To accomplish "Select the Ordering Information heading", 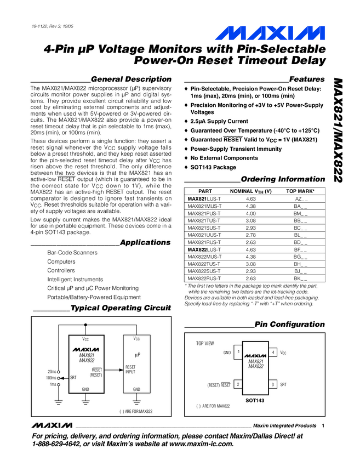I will coord(283,179).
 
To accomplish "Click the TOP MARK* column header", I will coord(300,191).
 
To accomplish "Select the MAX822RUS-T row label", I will coord(204,278).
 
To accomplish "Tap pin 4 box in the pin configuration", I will coord(273,352).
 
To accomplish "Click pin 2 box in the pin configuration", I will coord(238,384).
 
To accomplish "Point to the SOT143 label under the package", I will coord(255,401).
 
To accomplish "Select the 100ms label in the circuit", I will coord(51,378).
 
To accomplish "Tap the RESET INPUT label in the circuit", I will coord(131,370).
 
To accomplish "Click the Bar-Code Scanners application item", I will coord(72,253).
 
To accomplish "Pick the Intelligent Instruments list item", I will coord(75,279).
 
